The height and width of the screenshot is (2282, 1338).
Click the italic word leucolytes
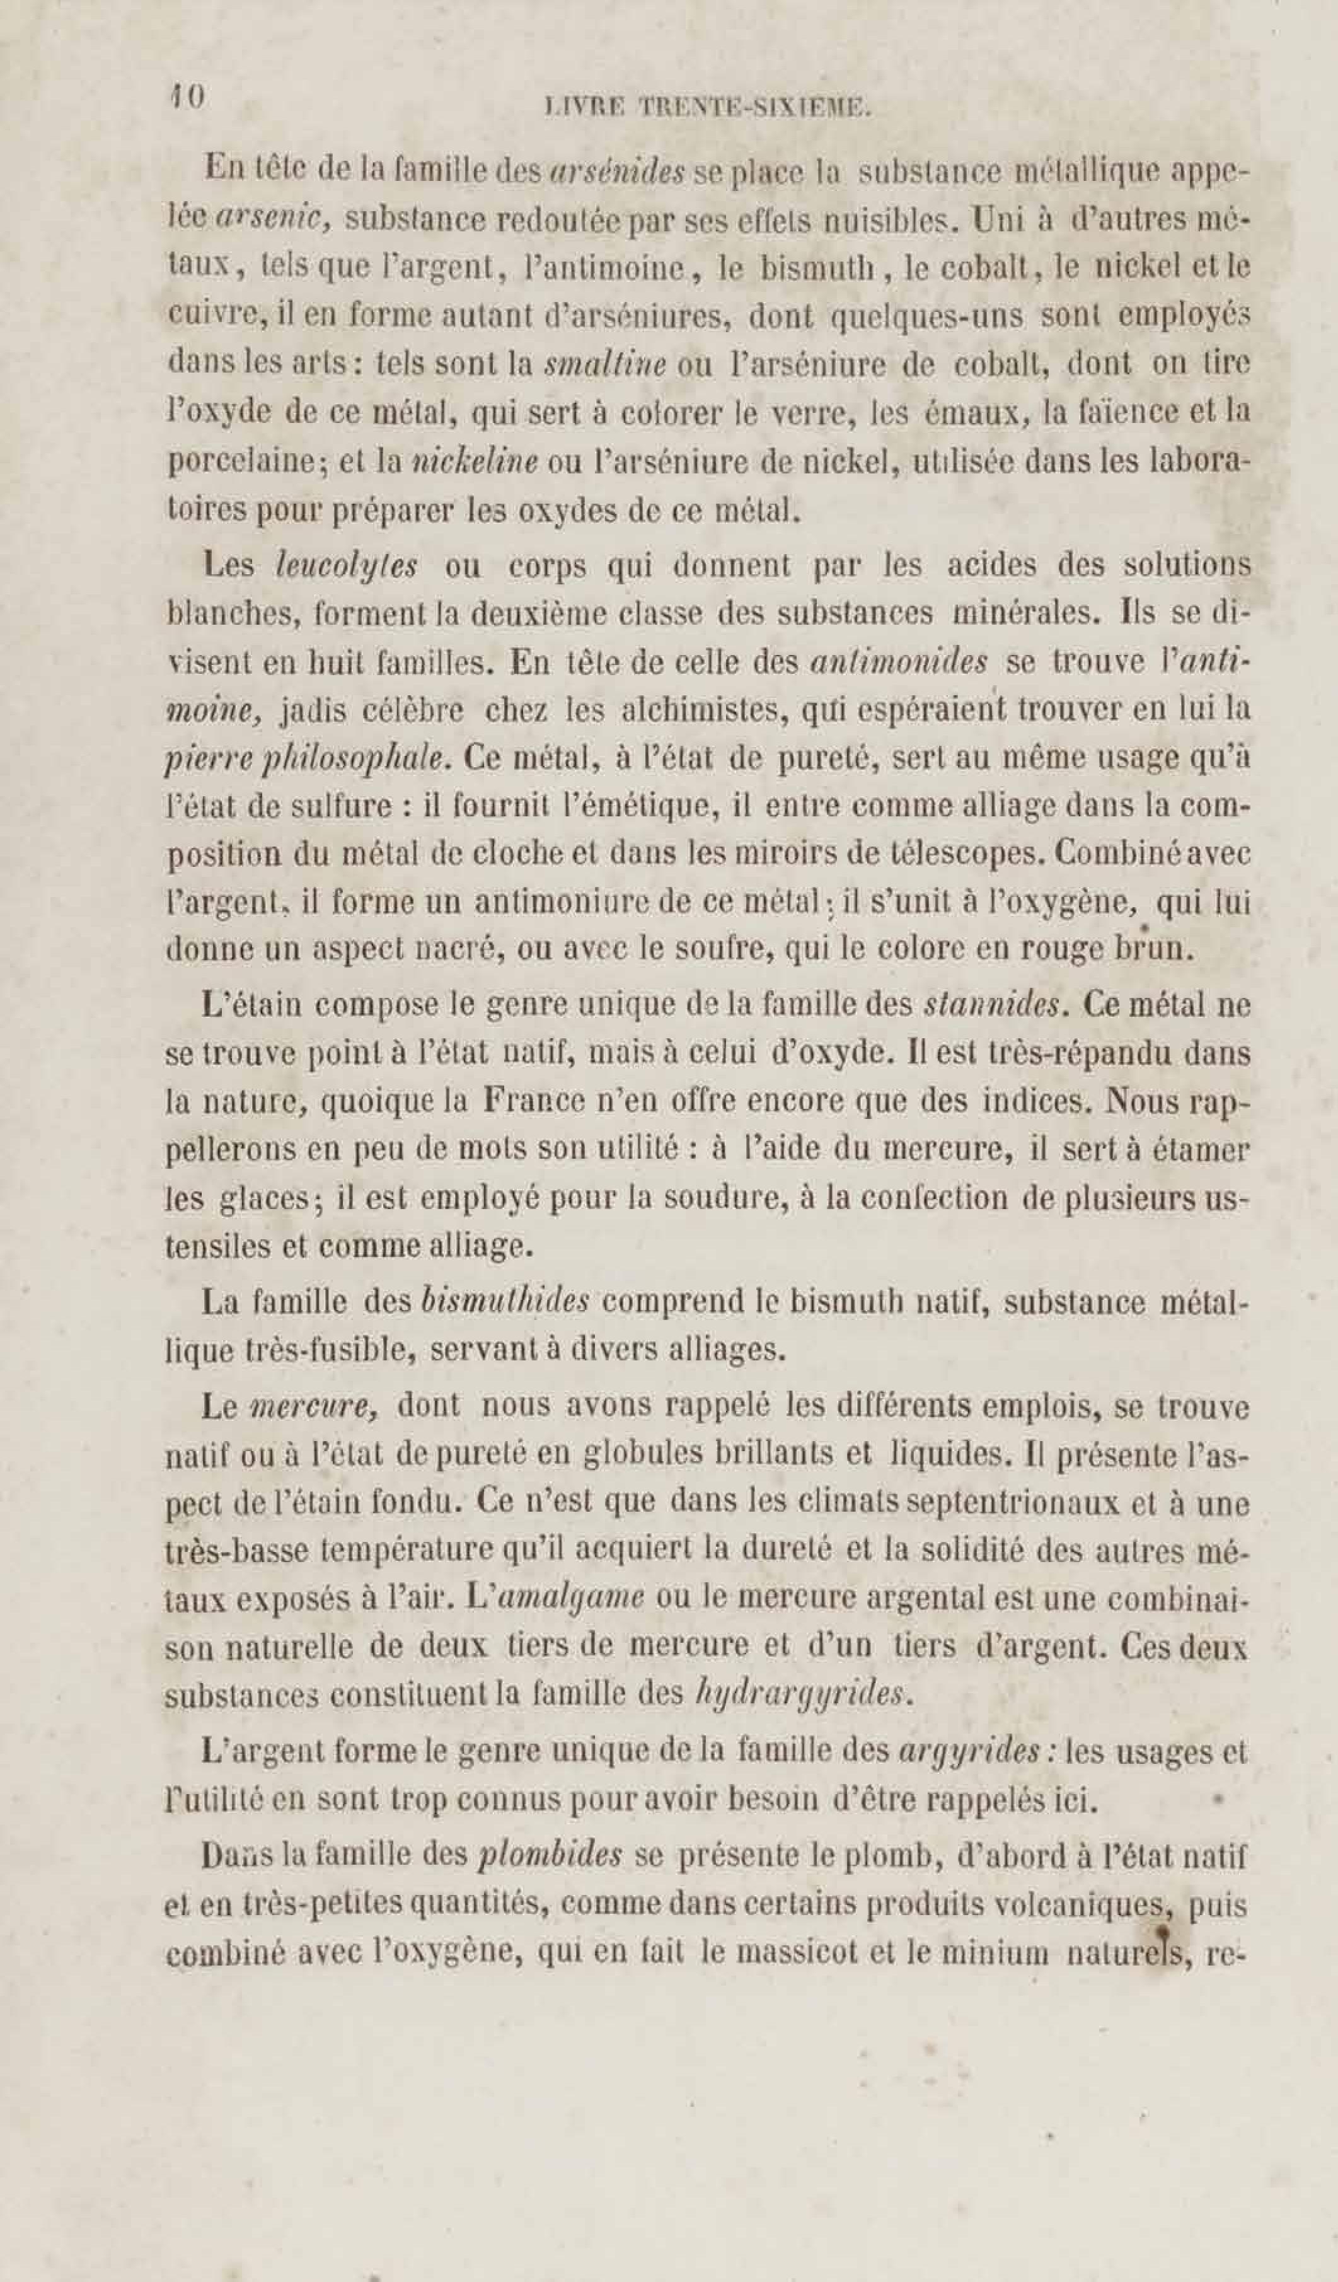click(x=347, y=566)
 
